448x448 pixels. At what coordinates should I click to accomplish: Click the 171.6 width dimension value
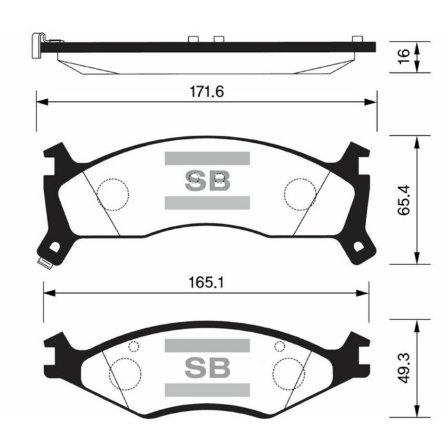pyautogui.click(x=206, y=92)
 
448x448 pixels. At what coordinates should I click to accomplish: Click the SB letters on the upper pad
pyautogui.click(x=207, y=182)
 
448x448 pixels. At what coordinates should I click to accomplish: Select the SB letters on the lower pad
pyautogui.click(x=207, y=367)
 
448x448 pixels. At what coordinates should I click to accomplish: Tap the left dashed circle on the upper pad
pyautogui.click(x=113, y=191)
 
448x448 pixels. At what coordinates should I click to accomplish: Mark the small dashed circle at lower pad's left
pyautogui.click(x=134, y=347)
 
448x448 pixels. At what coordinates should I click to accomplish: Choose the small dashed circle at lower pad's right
pyautogui.click(x=279, y=347)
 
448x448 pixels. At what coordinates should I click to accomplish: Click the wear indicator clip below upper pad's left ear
pyautogui.click(x=44, y=263)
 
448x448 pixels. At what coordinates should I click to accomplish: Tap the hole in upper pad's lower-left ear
pyautogui.click(x=54, y=247)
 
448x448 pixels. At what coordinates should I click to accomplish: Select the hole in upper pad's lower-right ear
pyautogui.click(x=359, y=247)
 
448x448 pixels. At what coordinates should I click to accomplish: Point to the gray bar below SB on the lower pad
pyautogui.click(x=207, y=390)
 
